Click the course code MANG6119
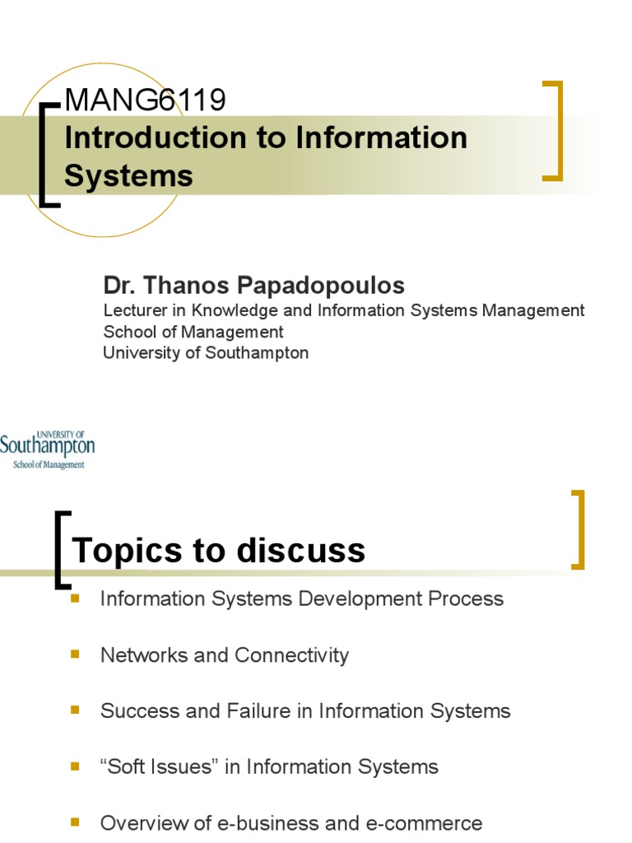point(145,100)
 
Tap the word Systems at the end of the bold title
point(128,175)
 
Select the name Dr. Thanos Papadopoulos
point(253,286)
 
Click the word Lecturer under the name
point(135,310)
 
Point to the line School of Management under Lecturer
point(193,332)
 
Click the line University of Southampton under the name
point(206,353)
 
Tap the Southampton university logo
point(47,449)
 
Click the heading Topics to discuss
point(219,550)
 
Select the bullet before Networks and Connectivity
point(76,654)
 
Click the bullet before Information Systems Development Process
point(76,598)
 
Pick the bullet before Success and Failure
point(76,710)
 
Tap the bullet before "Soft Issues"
point(76,766)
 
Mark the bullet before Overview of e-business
point(76,822)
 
